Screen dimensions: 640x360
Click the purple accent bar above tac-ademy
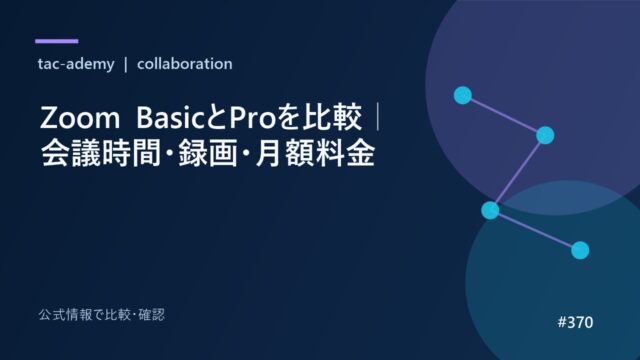click(57, 41)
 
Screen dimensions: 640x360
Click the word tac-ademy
click(76, 64)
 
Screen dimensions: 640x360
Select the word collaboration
click(184, 64)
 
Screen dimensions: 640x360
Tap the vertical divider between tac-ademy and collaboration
click(126, 64)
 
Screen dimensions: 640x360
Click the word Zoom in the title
click(80, 118)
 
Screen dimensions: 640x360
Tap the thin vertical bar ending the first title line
click(378, 118)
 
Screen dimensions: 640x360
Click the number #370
click(575, 322)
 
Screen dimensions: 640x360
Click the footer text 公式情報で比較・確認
click(102, 315)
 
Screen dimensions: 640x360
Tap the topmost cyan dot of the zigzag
click(463, 95)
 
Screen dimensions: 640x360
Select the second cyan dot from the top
click(545, 135)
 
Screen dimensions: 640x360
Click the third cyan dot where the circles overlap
click(490, 210)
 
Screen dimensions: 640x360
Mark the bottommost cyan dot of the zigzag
click(580, 250)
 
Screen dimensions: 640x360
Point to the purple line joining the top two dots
click(504, 115)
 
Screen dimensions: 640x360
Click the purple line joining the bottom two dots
click(535, 230)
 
